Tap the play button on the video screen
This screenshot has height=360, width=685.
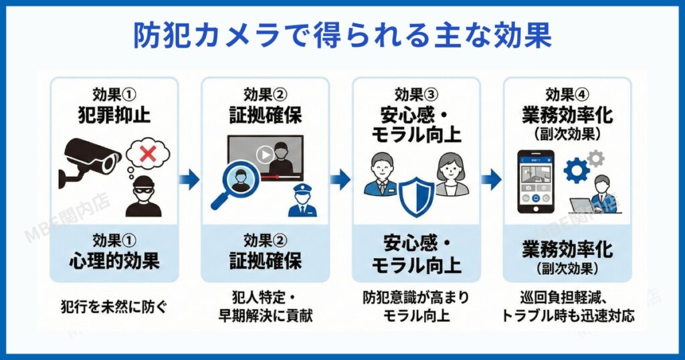coord(266,155)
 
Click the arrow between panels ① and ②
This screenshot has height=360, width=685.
coord(190,178)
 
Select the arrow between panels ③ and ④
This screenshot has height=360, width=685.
coord(492,178)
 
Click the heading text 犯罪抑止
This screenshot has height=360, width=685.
coord(114,114)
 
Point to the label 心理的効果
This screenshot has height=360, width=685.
coord(114,261)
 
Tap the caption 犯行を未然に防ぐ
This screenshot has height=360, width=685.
coord(114,308)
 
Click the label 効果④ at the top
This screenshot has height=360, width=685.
coord(567,94)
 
